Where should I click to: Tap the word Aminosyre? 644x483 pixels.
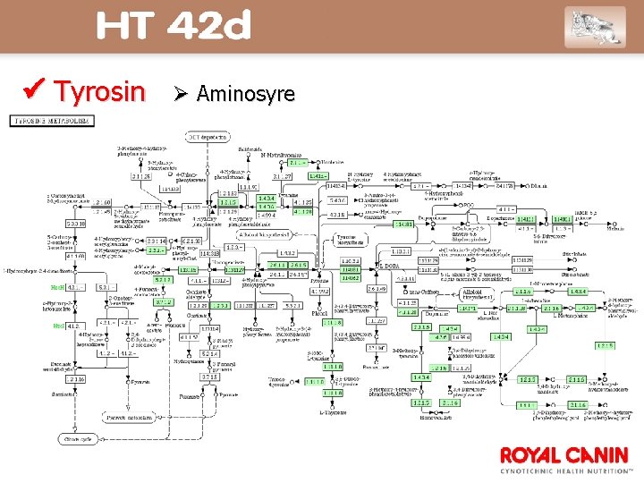(x=245, y=93)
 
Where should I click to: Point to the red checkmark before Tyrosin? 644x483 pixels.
(x=36, y=90)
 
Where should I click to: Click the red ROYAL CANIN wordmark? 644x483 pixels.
(x=564, y=454)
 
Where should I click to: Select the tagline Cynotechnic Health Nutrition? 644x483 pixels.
(x=566, y=470)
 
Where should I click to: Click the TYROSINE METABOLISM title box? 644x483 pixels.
(x=53, y=121)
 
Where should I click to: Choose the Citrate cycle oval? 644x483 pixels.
(x=74, y=440)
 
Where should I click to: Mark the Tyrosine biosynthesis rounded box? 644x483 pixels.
(x=353, y=239)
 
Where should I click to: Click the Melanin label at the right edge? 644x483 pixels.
(x=616, y=228)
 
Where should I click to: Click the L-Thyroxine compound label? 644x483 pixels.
(x=333, y=411)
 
